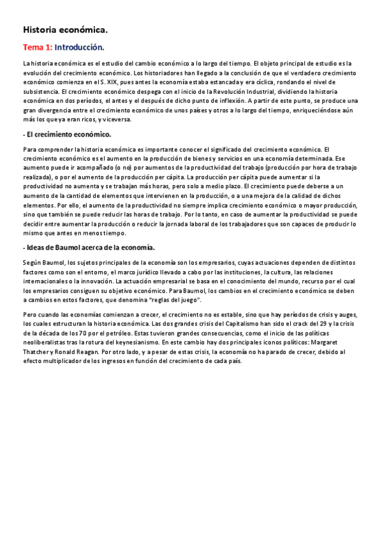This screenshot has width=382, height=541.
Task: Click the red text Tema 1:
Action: [38, 47]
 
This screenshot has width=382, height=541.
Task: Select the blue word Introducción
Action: [79, 47]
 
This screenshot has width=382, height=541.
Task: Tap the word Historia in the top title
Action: [40, 29]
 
